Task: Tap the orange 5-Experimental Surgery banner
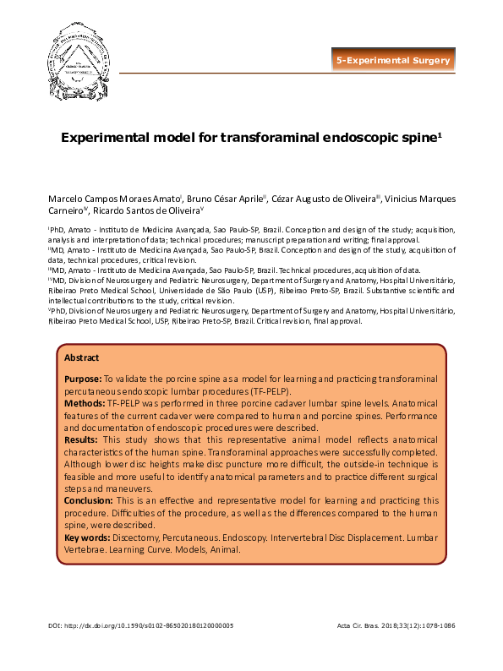(394, 61)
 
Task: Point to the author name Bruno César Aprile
(206, 199)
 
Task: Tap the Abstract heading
(82, 357)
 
